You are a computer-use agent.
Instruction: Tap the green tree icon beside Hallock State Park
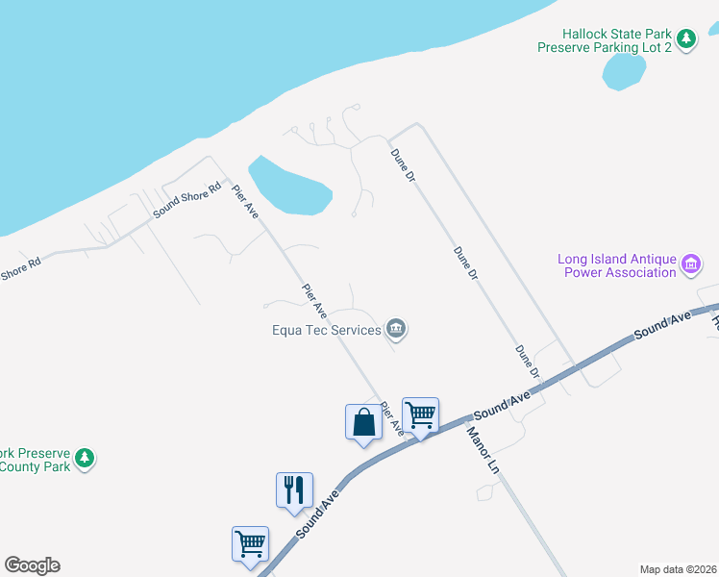coord(685,38)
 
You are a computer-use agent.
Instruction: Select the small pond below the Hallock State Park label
coord(623,70)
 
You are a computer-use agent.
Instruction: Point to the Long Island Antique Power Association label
coord(618,265)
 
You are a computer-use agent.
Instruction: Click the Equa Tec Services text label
coord(327,331)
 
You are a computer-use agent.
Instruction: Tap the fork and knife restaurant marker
coord(294,489)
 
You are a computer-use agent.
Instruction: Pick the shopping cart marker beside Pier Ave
coord(420,415)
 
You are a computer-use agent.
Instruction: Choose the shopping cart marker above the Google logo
coord(250,543)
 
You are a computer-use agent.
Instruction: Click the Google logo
coord(32,565)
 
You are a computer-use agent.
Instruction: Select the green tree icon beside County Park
coord(86,459)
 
